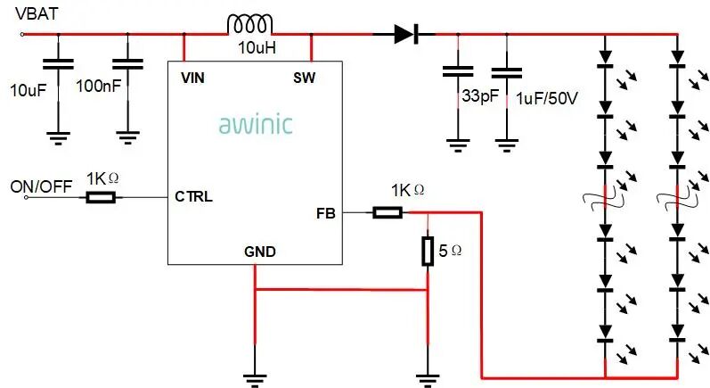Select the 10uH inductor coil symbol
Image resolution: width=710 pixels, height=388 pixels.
tap(249, 25)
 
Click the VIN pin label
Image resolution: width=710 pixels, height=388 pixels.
tap(192, 78)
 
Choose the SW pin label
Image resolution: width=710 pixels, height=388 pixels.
tap(305, 78)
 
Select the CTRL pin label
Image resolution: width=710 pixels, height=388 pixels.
tap(193, 196)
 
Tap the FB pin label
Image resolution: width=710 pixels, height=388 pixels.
tap(326, 213)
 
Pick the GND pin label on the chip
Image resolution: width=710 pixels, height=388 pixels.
tap(259, 252)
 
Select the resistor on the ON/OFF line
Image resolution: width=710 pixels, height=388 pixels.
tap(101, 196)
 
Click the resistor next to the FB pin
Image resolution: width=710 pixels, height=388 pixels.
tap(387, 212)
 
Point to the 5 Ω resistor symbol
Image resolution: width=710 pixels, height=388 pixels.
tap(428, 252)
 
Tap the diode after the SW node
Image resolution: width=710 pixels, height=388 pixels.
tap(405, 35)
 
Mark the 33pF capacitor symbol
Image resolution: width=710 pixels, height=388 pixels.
tap(457, 70)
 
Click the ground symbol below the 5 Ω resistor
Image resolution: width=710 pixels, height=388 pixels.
tap(428, 377)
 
